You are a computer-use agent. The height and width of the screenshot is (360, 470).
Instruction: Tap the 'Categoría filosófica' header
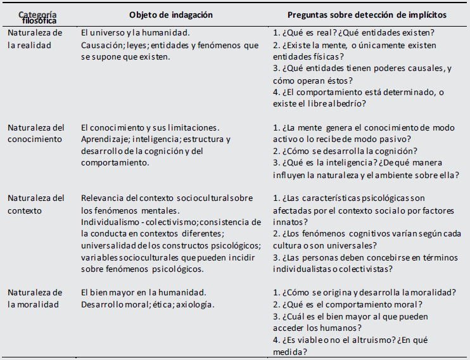pos(37,17)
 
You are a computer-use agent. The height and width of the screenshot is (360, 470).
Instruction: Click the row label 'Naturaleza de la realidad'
pos(35,39)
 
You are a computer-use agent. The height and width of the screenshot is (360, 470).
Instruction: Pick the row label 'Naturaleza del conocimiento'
pos(36,133)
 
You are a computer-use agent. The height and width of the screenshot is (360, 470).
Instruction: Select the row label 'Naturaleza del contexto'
pos(36,204)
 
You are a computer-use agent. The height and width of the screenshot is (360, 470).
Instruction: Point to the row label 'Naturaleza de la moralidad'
pos(35,299)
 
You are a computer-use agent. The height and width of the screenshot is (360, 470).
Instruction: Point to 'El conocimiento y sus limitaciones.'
pos(150,127)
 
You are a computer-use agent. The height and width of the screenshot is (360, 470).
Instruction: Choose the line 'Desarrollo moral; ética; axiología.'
pos(148,304)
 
